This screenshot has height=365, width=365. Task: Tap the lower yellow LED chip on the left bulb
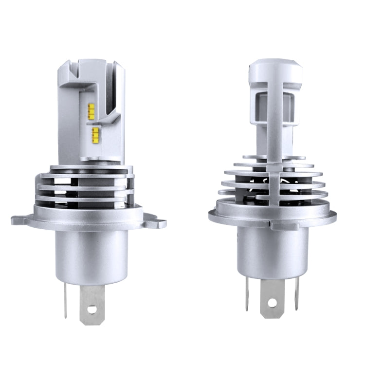point(95,132)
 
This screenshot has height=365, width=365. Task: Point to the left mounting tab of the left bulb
point(20,219)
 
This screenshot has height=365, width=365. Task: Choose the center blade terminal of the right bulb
point(272,297)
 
